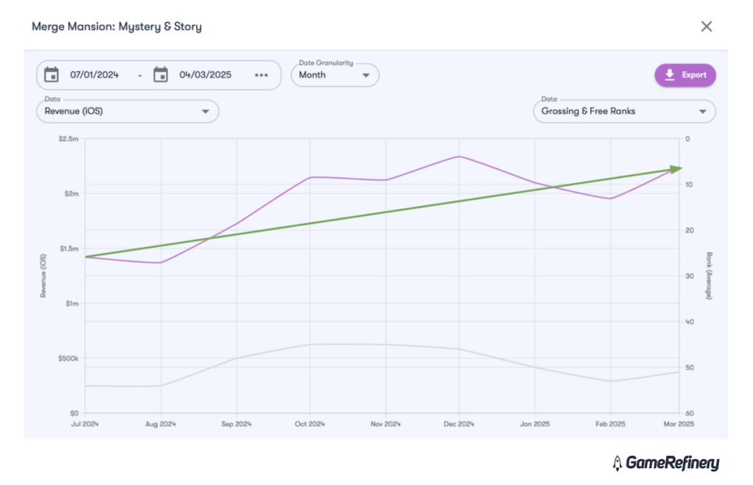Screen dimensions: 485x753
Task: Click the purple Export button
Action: point(685,75)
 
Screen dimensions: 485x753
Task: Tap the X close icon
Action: point(707,26)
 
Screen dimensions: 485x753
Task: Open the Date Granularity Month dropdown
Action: point(335,75)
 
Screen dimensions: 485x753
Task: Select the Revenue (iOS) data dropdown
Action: point(127,112)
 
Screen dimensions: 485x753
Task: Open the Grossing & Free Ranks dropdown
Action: point(624,112)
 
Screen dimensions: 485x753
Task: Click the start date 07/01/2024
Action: point(94,75)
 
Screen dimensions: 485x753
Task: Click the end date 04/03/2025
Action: point(205,75)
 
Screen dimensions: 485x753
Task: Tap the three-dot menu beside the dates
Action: point(262,75)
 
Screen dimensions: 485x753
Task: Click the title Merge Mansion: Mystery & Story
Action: point(116,26)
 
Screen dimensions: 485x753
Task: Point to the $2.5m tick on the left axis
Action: point(69,139)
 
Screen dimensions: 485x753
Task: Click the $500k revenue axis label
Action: point(68,359)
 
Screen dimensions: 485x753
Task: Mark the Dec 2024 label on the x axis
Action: point(459,425)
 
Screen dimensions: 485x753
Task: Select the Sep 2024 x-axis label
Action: point(236,425)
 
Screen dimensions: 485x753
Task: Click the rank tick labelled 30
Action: point(688,276)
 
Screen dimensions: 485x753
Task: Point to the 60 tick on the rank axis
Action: point(688,413)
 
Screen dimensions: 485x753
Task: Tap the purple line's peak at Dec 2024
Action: point(459,157)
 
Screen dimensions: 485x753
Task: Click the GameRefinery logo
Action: point(665,463)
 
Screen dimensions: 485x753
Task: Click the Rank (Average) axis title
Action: point(710,276)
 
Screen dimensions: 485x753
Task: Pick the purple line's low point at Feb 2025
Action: point(610,198)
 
